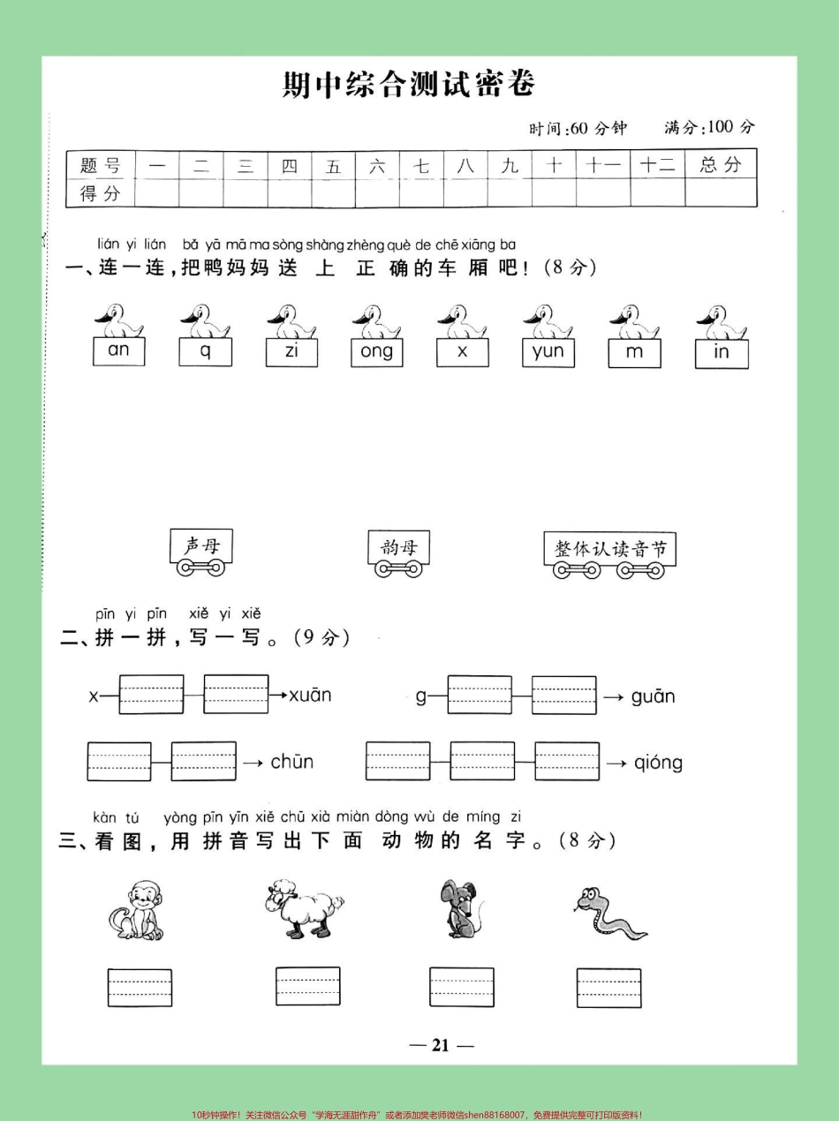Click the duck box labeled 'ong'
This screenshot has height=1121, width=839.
tap(377, 353)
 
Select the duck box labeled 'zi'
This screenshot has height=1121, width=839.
tap(292, 352)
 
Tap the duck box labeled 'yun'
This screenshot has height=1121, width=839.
tap(548, 353)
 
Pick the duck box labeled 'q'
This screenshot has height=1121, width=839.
tap(206, 352)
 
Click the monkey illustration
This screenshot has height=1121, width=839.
tap(135, 909)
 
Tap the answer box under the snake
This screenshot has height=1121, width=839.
tap(608, 987)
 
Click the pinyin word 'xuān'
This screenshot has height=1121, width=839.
tap(311, 695)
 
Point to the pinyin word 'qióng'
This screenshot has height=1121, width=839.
tap(658, 763)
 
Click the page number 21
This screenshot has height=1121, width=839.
tap(441, 1046)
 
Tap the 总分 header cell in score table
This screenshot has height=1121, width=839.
tap(721, 164)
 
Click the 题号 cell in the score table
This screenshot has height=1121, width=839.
tap(100, 165)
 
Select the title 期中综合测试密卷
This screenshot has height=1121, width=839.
tap(408, 85)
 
